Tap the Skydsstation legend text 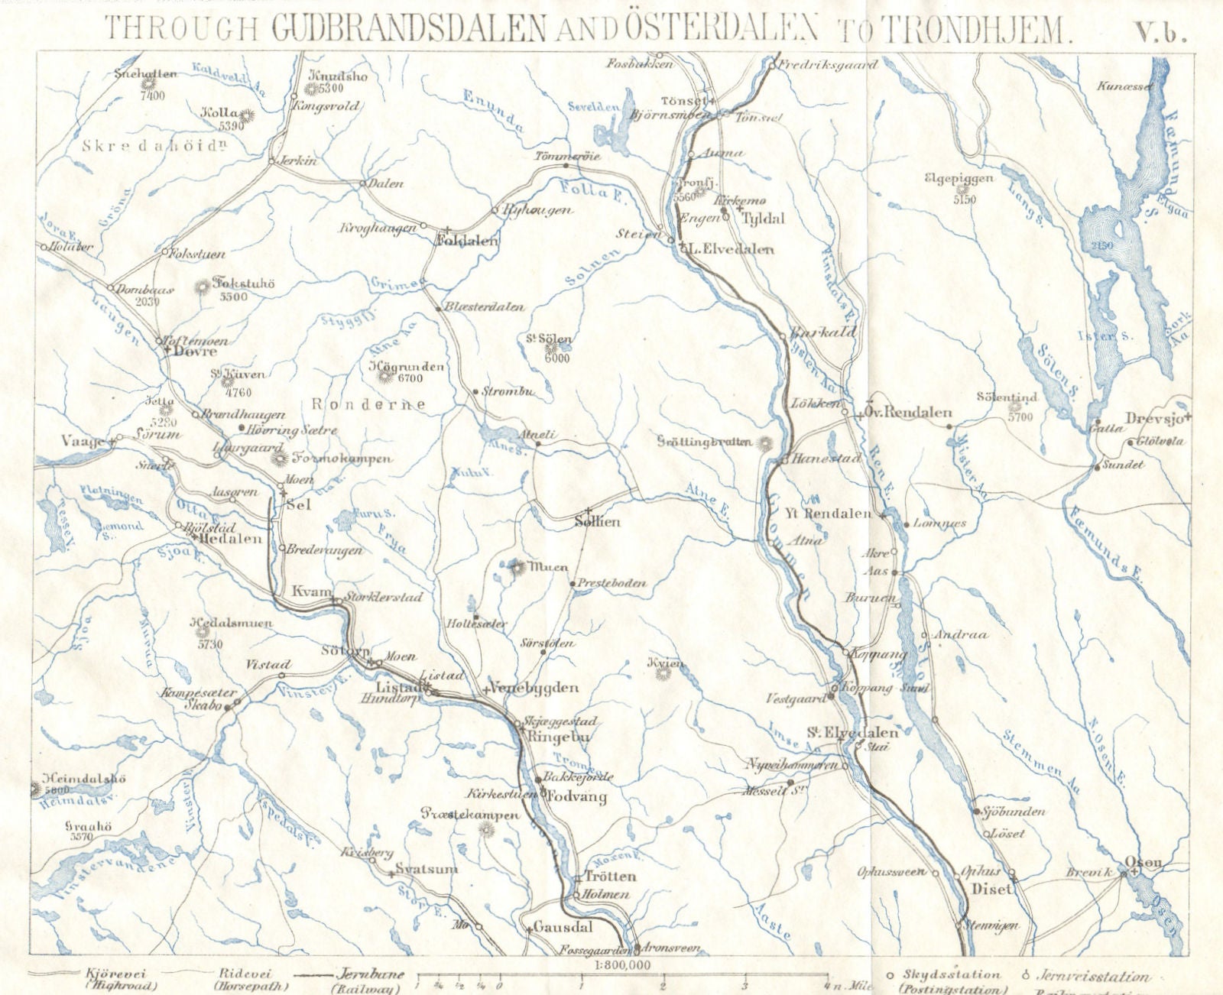point(950,975)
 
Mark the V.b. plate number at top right point(1160,31)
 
